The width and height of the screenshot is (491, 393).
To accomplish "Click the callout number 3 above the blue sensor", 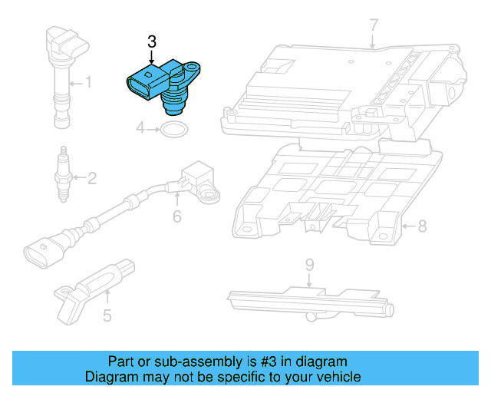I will tap(152, 41).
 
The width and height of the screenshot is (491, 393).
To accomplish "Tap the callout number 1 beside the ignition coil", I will tap(87, 81).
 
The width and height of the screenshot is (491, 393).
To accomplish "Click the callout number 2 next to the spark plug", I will tap(91, 180).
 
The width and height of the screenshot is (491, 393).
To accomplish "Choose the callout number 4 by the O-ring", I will tap(140, 128).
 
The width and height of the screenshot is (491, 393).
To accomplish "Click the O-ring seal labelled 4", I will tap(173, 129).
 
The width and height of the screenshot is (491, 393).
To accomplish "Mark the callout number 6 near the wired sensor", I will tap(176, 216).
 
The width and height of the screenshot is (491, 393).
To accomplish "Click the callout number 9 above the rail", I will tap(309, 266).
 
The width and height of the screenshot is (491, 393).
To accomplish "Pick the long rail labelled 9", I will tap(307, 300).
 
